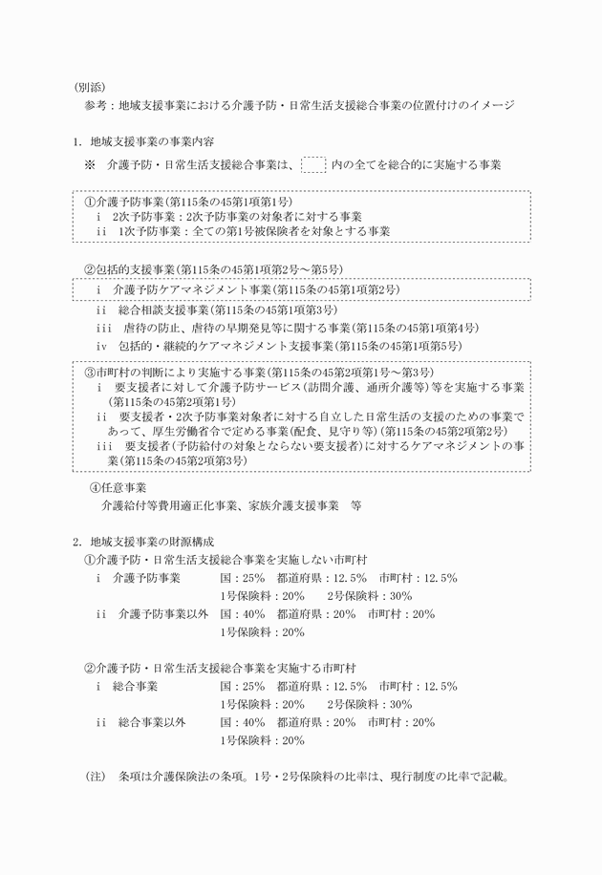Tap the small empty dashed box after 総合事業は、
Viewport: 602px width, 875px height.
pyautogui.click(x=312, y=164)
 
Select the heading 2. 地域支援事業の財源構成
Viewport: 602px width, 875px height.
pyautogui.click(x=147, y=542)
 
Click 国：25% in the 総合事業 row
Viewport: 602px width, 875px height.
pyautogui.click(x=241, y=686)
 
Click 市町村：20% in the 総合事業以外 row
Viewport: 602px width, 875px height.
pyautogui.click(x=406, y=722)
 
